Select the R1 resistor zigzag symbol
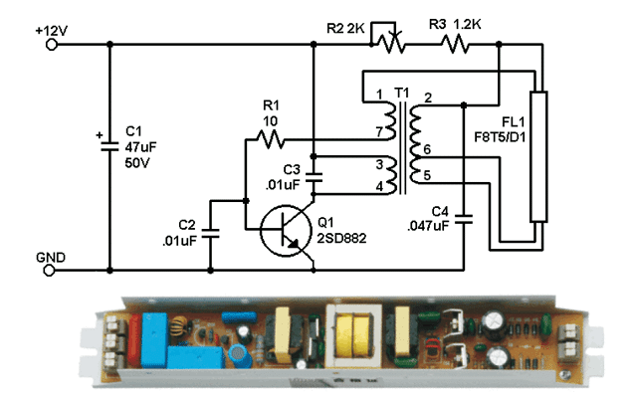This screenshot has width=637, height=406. tap(272, 139)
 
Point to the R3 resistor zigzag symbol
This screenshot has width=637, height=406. tap(457, 43)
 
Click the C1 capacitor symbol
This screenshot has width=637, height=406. tap(109, 147)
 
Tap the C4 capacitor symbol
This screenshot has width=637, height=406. tap(465, 216)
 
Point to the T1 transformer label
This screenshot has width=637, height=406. tap(401, 93)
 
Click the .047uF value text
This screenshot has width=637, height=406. tap(429, 226)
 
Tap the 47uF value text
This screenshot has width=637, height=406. tap(136, 145)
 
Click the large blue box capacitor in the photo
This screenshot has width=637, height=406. tap(158, 329)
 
